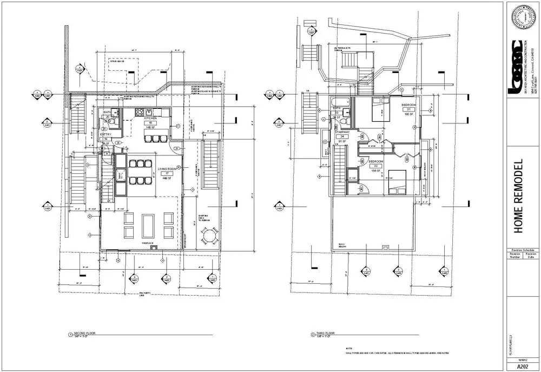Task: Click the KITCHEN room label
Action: click(150, 118)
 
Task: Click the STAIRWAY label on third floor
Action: click(341, 132)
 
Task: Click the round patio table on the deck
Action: click(208, 235)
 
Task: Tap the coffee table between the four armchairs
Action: click(147, 225)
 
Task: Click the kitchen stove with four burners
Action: click(139, 113)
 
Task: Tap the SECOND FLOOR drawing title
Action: click(84, 333)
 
